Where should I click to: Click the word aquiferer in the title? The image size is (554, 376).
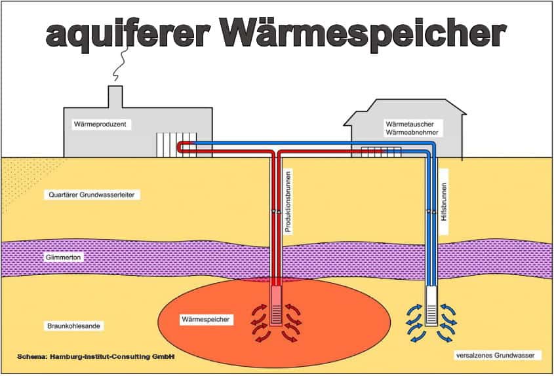coord(129,34)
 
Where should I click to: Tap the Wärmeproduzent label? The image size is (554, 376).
coord(100,124)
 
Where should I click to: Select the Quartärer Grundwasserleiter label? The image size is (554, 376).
coord(92,195)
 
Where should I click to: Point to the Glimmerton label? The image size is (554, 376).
coord(63,257)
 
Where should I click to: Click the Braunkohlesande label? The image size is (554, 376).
coord(73,326)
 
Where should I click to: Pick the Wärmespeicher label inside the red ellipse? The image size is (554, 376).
coord(206,320)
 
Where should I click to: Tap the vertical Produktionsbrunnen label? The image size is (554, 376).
coord(288,202)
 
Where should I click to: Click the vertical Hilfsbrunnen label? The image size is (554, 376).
coord(444,202)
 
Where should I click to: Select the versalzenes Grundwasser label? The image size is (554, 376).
coord(496,356)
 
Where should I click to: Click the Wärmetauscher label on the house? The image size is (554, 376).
coord(410,124)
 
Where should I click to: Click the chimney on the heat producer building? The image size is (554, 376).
coord(115,97)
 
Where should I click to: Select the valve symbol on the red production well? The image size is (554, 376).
coord(276,212)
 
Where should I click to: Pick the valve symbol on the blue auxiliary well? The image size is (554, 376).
coord(431,212)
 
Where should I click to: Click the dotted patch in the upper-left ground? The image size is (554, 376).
coord(21,180)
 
